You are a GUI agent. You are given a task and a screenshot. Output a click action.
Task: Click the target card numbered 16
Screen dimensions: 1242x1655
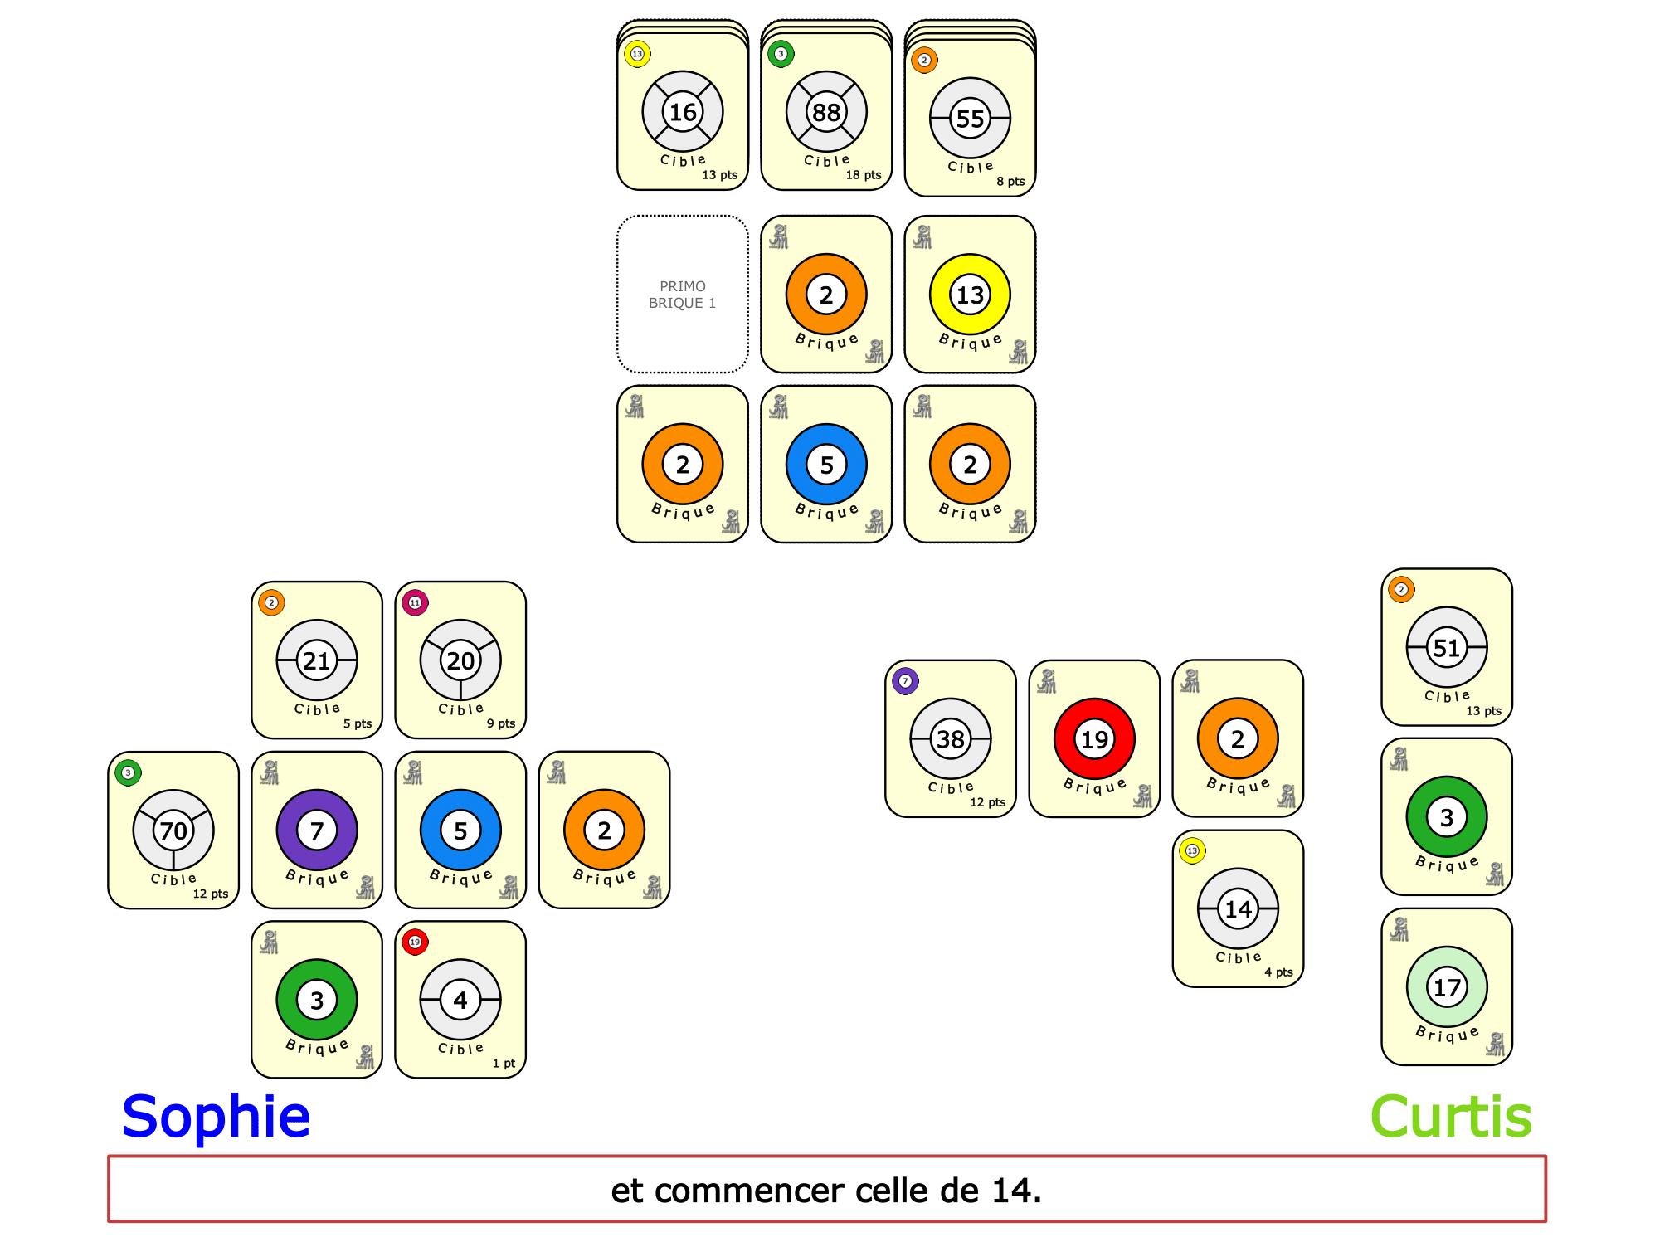[x=682, y=112]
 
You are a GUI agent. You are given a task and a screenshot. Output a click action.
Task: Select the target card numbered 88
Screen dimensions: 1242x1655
[x=826, y=112]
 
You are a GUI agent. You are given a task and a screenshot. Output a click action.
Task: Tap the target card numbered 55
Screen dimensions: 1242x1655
[x=970, y=119]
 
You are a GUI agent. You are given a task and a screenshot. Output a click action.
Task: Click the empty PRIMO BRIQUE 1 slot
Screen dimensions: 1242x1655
[x=682, y=295]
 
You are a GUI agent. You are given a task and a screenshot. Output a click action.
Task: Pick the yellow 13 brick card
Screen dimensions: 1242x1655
[x=970, y=295]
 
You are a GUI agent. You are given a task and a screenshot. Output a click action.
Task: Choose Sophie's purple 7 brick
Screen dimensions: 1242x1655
[x=317, y=830]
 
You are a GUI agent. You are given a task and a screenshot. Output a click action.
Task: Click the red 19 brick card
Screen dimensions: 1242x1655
[x=1094, y=738]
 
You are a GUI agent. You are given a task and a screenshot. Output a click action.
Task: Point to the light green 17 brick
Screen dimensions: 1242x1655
[x=1447, y=987]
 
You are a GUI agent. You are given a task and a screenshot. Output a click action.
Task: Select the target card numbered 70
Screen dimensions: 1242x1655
[x=173, y=830]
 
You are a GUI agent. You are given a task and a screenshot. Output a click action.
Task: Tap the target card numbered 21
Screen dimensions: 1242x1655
[x=317, y=660]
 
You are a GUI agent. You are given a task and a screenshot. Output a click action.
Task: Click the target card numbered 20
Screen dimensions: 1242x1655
[x=460, y=660]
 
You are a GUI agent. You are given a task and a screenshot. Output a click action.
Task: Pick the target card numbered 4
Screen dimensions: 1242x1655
[x=460, y=1000]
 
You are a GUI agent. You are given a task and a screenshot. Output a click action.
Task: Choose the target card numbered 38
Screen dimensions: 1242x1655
[x=951, y=738]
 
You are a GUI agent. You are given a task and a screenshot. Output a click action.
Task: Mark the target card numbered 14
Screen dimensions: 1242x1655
[x=1238, y=909]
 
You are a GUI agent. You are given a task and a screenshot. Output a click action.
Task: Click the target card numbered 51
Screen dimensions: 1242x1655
[x=1447, y=647]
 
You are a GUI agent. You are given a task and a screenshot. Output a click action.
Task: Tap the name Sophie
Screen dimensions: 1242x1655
[x=216, y=1117]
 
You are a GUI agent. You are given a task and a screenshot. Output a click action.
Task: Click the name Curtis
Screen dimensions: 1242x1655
[x=1450, y=1117]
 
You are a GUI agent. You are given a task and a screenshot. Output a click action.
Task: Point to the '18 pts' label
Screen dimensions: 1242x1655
[x=863, y=175]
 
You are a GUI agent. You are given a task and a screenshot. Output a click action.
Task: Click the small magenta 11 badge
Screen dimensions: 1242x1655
[x=415, y=602]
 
